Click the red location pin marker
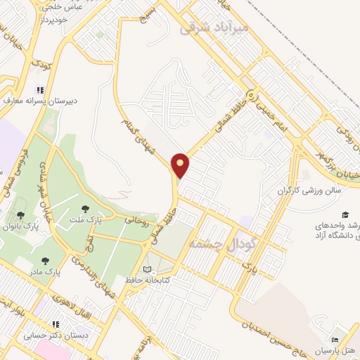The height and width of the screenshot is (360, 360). pos(181,165)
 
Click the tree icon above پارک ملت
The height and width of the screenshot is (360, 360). pos(86,208)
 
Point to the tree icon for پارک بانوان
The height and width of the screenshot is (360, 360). pos(20,214)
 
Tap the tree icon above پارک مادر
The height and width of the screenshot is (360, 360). pos(46,260)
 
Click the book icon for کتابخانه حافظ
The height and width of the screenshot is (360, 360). pos(147,269)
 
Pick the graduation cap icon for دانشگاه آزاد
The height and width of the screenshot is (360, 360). pos(345,214)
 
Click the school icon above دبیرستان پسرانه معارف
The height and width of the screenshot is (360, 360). pos(39,90)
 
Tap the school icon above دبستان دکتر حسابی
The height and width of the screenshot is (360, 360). pos(55,324)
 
